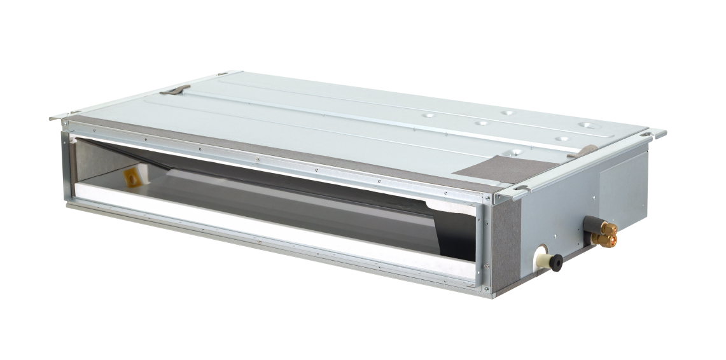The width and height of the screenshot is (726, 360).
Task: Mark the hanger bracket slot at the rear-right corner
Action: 655,133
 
